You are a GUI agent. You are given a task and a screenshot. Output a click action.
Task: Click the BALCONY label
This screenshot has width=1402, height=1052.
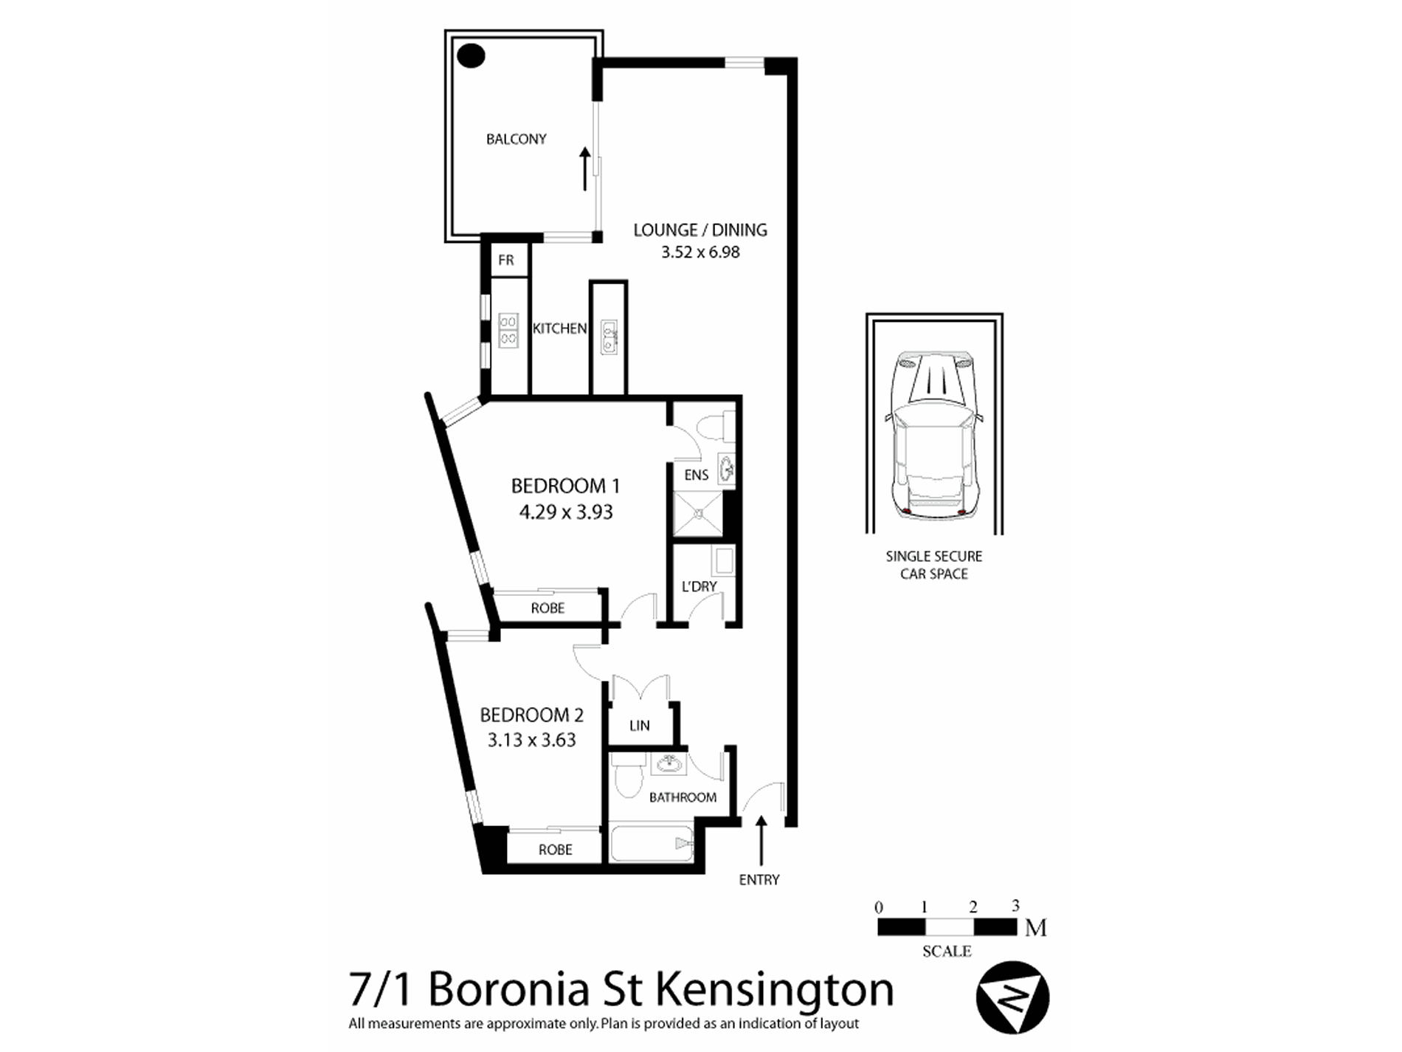(516, 139)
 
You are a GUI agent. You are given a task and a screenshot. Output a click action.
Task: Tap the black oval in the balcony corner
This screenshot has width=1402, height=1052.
(471, 55)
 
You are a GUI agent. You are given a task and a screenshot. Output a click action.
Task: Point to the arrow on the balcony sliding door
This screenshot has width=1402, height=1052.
(585, 169)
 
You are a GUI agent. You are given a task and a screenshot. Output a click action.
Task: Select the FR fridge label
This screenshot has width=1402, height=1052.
(505, 260)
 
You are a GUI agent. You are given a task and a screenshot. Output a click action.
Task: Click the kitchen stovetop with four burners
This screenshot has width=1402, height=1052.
(508, 330)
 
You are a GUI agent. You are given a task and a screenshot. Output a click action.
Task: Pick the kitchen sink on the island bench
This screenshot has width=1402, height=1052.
(609, 337)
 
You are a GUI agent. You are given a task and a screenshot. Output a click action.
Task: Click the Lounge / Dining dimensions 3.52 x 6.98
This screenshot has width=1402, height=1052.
(700, 252)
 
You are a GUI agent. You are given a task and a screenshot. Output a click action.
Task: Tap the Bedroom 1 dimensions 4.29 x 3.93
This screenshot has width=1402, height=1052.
(566, 512)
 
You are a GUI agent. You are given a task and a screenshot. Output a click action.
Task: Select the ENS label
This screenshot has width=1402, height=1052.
(696, 475)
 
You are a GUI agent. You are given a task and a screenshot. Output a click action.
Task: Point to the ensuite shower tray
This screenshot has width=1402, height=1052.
(697, 514)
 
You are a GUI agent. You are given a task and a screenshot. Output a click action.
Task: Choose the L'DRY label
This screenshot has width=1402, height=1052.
(699, 586)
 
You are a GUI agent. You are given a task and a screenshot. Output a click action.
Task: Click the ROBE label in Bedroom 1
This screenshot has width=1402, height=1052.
(548, 608)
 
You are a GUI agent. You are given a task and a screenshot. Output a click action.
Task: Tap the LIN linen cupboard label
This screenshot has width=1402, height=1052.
(639, 726)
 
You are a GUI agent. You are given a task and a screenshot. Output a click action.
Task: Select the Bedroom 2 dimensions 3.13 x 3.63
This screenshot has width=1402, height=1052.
(531, 740)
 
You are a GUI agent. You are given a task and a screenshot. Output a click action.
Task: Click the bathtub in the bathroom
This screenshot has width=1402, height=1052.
(652, 844)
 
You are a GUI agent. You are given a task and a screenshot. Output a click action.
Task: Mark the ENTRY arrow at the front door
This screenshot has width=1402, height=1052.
(760, 840)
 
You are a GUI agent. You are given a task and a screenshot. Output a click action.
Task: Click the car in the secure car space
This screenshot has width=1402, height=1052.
(933, 436)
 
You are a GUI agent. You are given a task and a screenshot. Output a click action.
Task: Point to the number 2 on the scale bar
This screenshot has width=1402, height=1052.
(973, 907)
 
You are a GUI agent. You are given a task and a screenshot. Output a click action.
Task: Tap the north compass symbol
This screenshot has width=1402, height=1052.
(1012, 997)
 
